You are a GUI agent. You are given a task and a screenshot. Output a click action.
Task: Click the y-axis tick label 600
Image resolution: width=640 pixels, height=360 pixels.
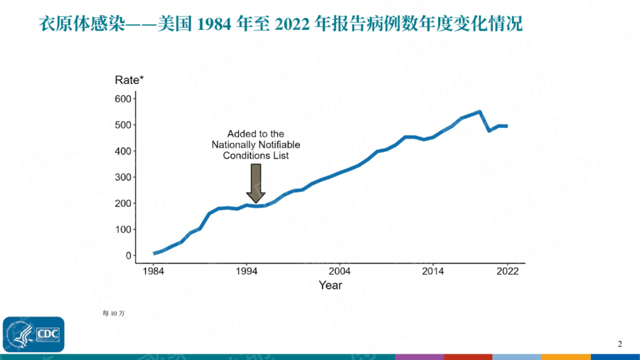(123, 98)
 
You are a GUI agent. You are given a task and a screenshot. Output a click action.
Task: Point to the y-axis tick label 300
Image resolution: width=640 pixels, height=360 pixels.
(123, 177)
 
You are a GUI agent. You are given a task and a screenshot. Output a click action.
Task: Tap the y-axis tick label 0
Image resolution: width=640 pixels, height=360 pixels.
(129, 255)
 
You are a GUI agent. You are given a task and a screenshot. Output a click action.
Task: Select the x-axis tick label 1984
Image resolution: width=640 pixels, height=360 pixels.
(154, 272)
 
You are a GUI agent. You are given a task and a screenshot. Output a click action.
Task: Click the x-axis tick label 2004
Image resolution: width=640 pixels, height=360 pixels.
(340, 272)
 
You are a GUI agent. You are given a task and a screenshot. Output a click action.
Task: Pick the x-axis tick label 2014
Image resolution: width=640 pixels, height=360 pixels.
(433, 272)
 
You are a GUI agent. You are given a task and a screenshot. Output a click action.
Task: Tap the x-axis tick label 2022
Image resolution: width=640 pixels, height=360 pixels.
(507, 272)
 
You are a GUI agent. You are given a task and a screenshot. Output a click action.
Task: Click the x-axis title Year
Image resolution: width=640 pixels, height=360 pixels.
(330, 286)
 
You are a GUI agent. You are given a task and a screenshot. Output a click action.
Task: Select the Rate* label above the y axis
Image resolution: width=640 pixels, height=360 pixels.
(129, 80)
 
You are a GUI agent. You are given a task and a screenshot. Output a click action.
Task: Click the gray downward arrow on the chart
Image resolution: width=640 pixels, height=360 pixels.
(256, 183)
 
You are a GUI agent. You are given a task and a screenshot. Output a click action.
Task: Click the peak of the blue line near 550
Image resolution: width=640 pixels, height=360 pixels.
(480, 112)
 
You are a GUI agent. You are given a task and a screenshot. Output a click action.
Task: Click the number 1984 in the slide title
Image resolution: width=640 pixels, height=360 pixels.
(217, 26)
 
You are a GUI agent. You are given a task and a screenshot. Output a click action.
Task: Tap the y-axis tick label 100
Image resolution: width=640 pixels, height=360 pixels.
(123, 229)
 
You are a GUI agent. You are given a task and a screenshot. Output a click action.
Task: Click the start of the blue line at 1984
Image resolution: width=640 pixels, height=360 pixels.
(154, 253)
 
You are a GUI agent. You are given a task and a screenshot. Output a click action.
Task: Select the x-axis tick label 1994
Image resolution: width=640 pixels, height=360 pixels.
(247, 272)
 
